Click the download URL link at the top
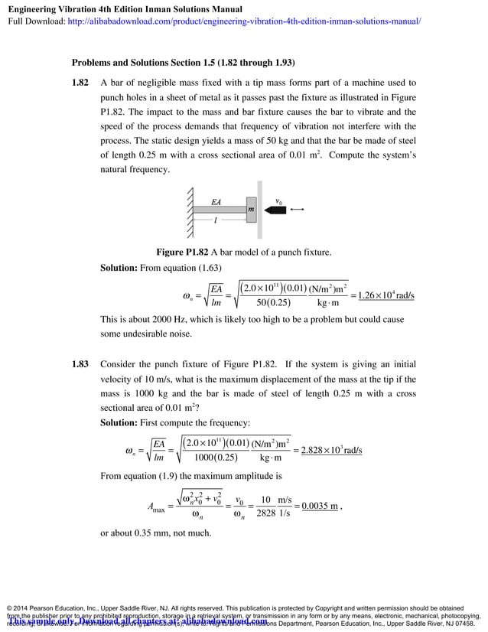point(244,21)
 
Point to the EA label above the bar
point(217,203)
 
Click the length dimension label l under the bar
point(216,220)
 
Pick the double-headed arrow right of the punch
point(298,209)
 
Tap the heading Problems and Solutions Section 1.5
point(184,62)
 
